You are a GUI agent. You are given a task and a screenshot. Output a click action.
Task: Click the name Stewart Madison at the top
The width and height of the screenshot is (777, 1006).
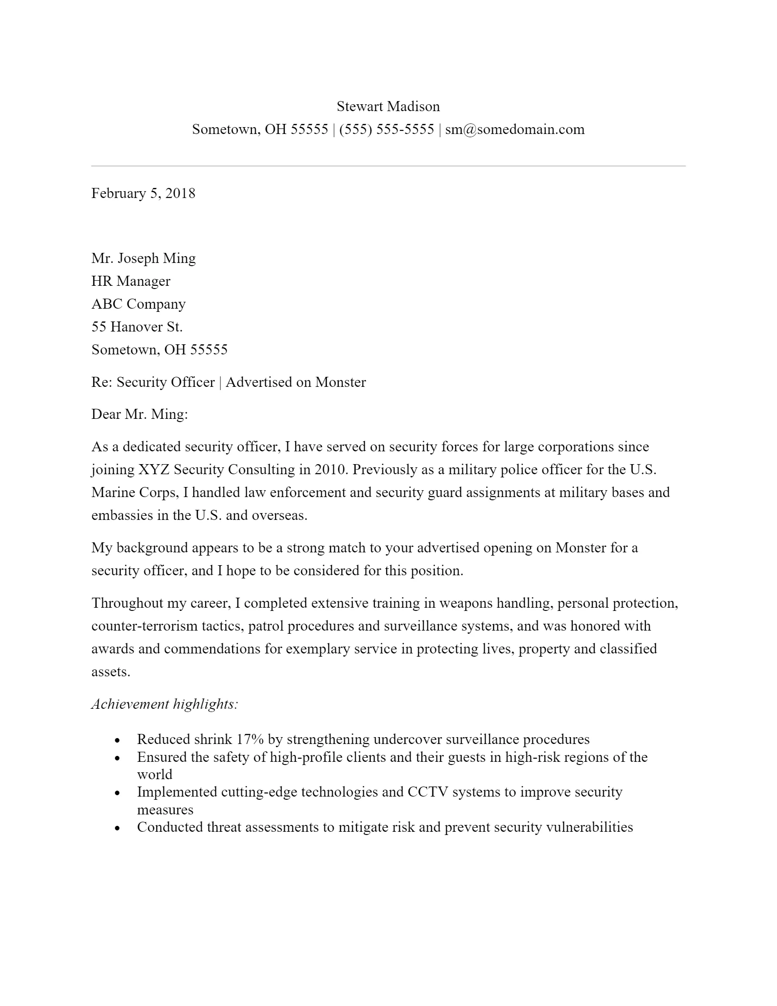pyautogui.click(x=388, y=107)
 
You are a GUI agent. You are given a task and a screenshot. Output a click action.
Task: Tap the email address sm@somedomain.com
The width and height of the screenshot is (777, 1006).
pyautogui.click(x=515, y=129)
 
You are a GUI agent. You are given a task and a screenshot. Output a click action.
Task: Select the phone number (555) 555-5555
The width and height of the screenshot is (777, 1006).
pyautogui.click(x=386, y=129)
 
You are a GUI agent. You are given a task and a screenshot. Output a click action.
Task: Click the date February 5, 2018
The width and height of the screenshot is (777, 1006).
pyautogui.click(x=143, y=193)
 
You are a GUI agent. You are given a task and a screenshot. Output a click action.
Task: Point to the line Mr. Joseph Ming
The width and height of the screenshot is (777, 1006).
pyautogui.click(x=143, y=258)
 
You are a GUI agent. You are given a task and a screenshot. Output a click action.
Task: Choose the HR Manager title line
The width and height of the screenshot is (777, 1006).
pyautogui.click(x=131, y=281)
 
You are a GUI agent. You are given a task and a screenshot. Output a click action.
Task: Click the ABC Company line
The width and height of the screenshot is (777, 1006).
pyautogui.click(x=138, y=304)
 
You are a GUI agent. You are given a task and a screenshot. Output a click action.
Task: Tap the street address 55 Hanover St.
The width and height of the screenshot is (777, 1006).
pyautogui.click(x=137, y=327)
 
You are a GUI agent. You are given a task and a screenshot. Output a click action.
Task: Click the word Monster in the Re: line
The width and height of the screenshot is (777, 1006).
pyautogui.click(x=340, y=382)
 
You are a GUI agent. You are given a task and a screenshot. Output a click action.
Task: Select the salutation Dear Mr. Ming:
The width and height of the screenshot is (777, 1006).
pyautogui.click(x=139, y=415)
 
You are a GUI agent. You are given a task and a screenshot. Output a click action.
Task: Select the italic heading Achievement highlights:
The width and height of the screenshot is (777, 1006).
pyautogui.click(x=165, y=704)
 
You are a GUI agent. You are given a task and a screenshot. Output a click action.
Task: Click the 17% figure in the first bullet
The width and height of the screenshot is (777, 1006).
pyautogui.click(x=250, y=739)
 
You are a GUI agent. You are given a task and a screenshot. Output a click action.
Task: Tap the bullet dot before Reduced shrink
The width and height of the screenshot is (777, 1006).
pyautogui.click(x=117, y=740)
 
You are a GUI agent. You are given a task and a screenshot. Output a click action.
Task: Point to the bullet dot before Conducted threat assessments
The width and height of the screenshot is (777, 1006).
pyautogui.click(x=117, y=828)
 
